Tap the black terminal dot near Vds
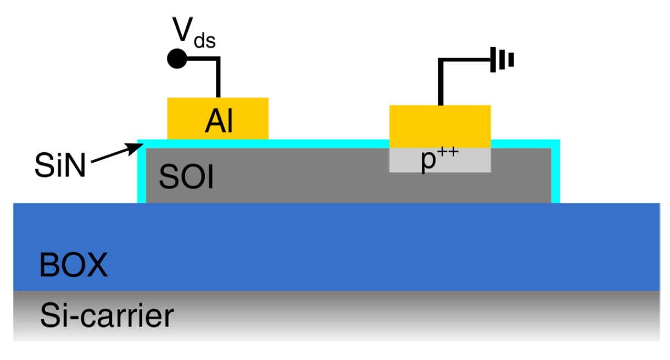click(176, 58)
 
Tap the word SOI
click(186, 177)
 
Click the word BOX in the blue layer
click(73, 265)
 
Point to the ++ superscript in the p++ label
click(449, 154)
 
